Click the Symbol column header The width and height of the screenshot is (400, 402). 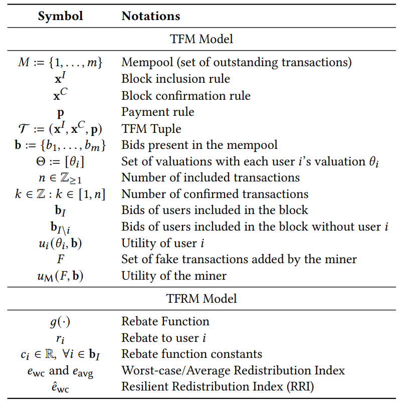click(60, 16)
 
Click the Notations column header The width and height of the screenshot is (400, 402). click(151, 16)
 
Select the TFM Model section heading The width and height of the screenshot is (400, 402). click(202, 39)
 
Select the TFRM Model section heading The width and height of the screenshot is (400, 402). click(202, 298)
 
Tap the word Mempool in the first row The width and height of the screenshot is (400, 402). click(147, 62)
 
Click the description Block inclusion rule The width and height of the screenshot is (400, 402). click(175, 79)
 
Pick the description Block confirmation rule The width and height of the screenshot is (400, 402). click(186, 96)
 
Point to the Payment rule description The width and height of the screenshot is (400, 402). click(158, 112)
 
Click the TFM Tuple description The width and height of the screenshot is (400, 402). click(151, 129)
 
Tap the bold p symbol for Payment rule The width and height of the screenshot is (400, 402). click(60, 113)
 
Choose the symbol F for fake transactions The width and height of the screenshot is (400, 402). click(61, 259)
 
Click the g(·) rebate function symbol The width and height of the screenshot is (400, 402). click(60, 322)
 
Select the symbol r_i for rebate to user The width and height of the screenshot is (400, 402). click(60, 339)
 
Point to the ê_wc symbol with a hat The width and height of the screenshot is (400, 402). click(60, 387)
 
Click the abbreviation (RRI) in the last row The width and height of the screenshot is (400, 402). click(300, 386)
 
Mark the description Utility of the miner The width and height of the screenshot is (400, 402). click(174, 276)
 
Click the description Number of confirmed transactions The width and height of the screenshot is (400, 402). click(215, 194)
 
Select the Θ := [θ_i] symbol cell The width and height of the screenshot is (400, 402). click(60, 162)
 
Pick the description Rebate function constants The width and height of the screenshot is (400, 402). click(192, 354)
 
